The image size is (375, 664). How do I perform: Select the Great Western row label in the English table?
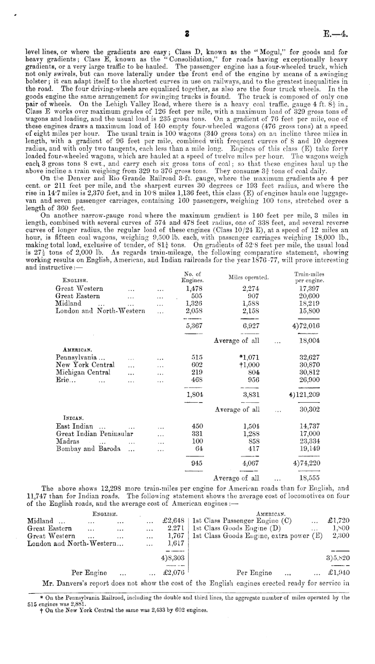79,288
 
